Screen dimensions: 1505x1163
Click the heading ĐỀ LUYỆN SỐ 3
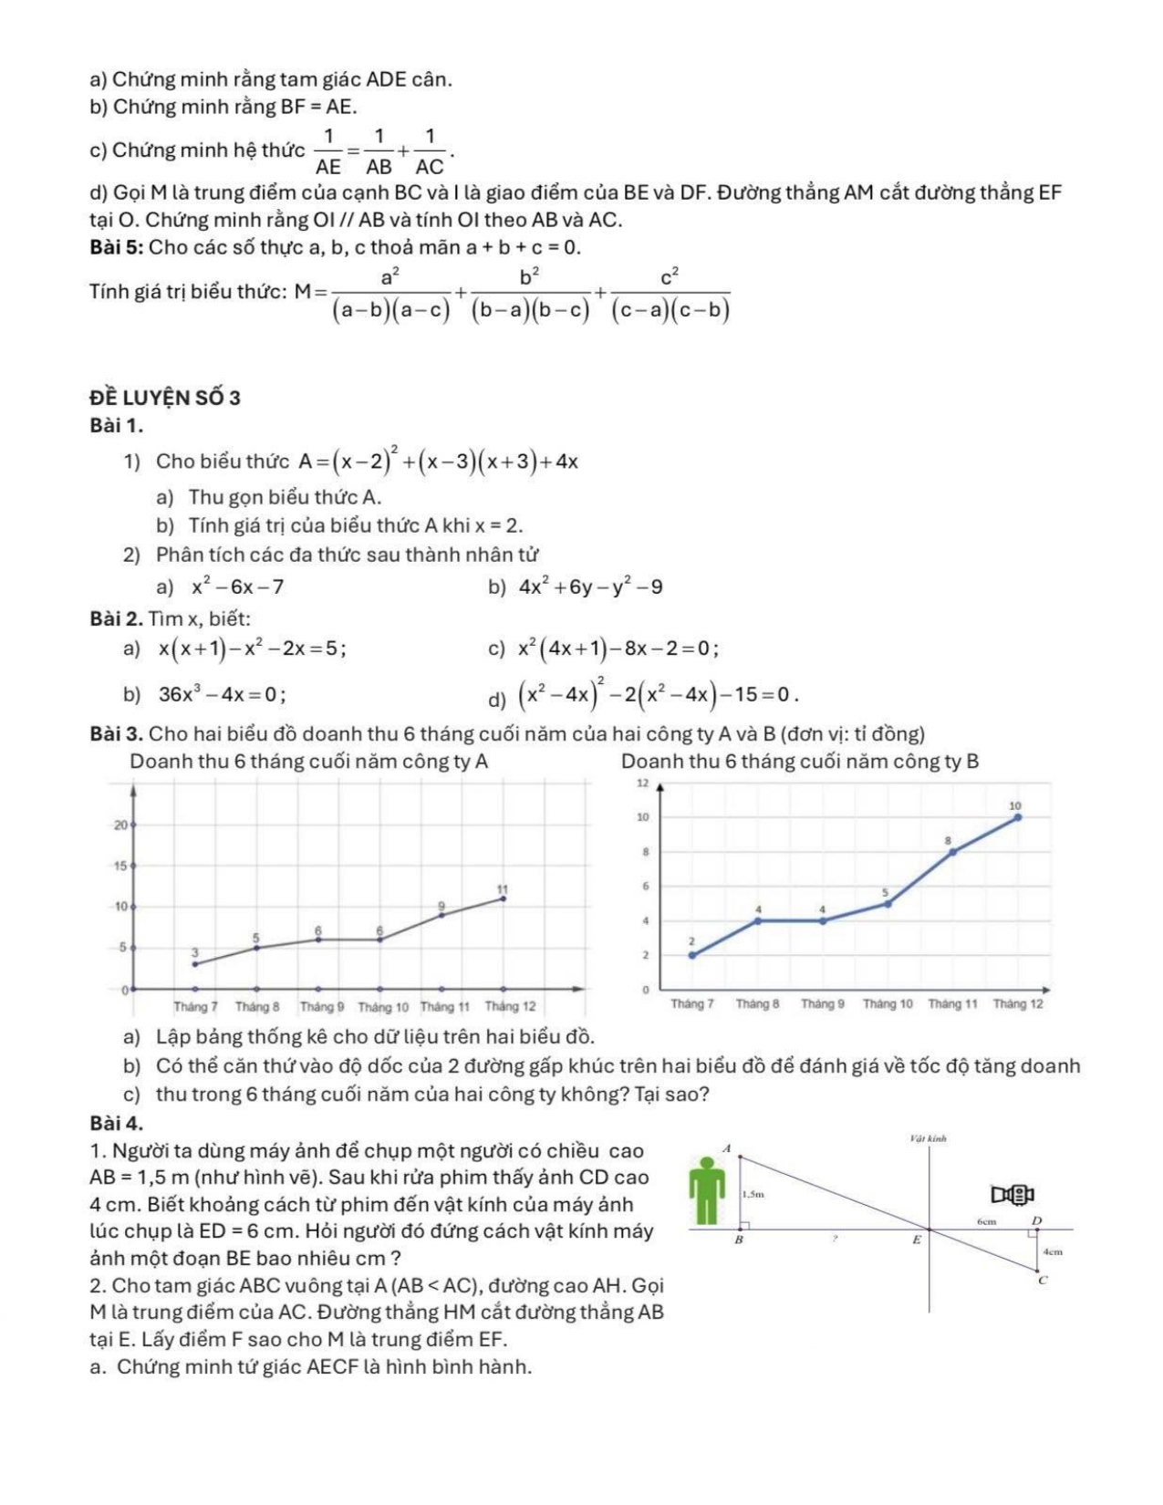[x=165, y=398]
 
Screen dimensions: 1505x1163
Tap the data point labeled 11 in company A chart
[x=503, y=898]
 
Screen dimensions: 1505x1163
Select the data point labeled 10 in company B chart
[x=1018, y=817]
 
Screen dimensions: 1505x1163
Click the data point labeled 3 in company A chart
[x=194, y=963]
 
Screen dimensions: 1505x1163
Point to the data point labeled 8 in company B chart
[x=952, y=852]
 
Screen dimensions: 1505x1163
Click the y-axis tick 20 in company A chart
[x=120, y=825]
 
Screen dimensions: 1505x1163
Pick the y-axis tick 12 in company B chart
[x=641, y=784]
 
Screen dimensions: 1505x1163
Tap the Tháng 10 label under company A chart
[x=383, y=1007]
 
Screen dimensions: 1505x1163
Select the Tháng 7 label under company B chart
[x=691, y=1003]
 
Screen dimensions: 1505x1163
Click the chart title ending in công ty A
[x=309, y=762]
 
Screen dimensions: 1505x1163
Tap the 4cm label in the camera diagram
[x=1053, y=1252]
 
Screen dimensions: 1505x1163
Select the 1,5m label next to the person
[x=753, y=1193]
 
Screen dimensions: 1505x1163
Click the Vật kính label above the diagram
[x=929, y=1138]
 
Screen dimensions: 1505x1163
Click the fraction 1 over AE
[x=327, y=151]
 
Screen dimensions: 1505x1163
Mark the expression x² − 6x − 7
[x=238, y=587]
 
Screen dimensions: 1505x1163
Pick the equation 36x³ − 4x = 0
[x=222, y=694]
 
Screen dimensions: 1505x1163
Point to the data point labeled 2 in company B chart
[x=691, y=955]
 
